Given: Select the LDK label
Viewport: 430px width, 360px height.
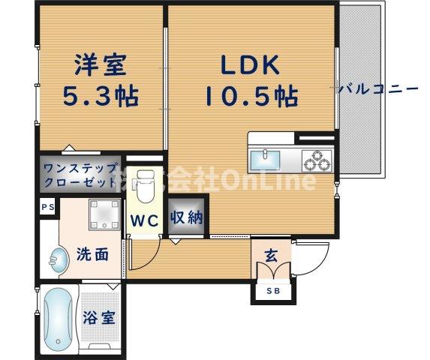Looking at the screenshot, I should (x=250, y=65).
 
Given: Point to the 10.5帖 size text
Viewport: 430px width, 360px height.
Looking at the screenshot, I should (x=250, y=96).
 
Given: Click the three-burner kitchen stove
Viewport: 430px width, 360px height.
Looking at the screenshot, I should (x=315, y=159).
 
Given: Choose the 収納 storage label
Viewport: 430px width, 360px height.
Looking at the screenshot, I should (x=187, y=218).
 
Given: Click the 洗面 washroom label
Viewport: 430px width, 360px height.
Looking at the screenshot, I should (x=92, y=254).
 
